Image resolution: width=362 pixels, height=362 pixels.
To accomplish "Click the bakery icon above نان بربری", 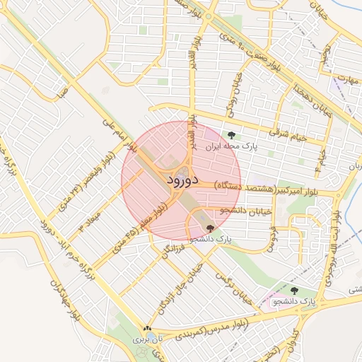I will (147, 329).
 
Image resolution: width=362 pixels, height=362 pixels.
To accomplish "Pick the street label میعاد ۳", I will (90, 219).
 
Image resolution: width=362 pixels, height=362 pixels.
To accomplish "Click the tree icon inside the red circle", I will (210, 228).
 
